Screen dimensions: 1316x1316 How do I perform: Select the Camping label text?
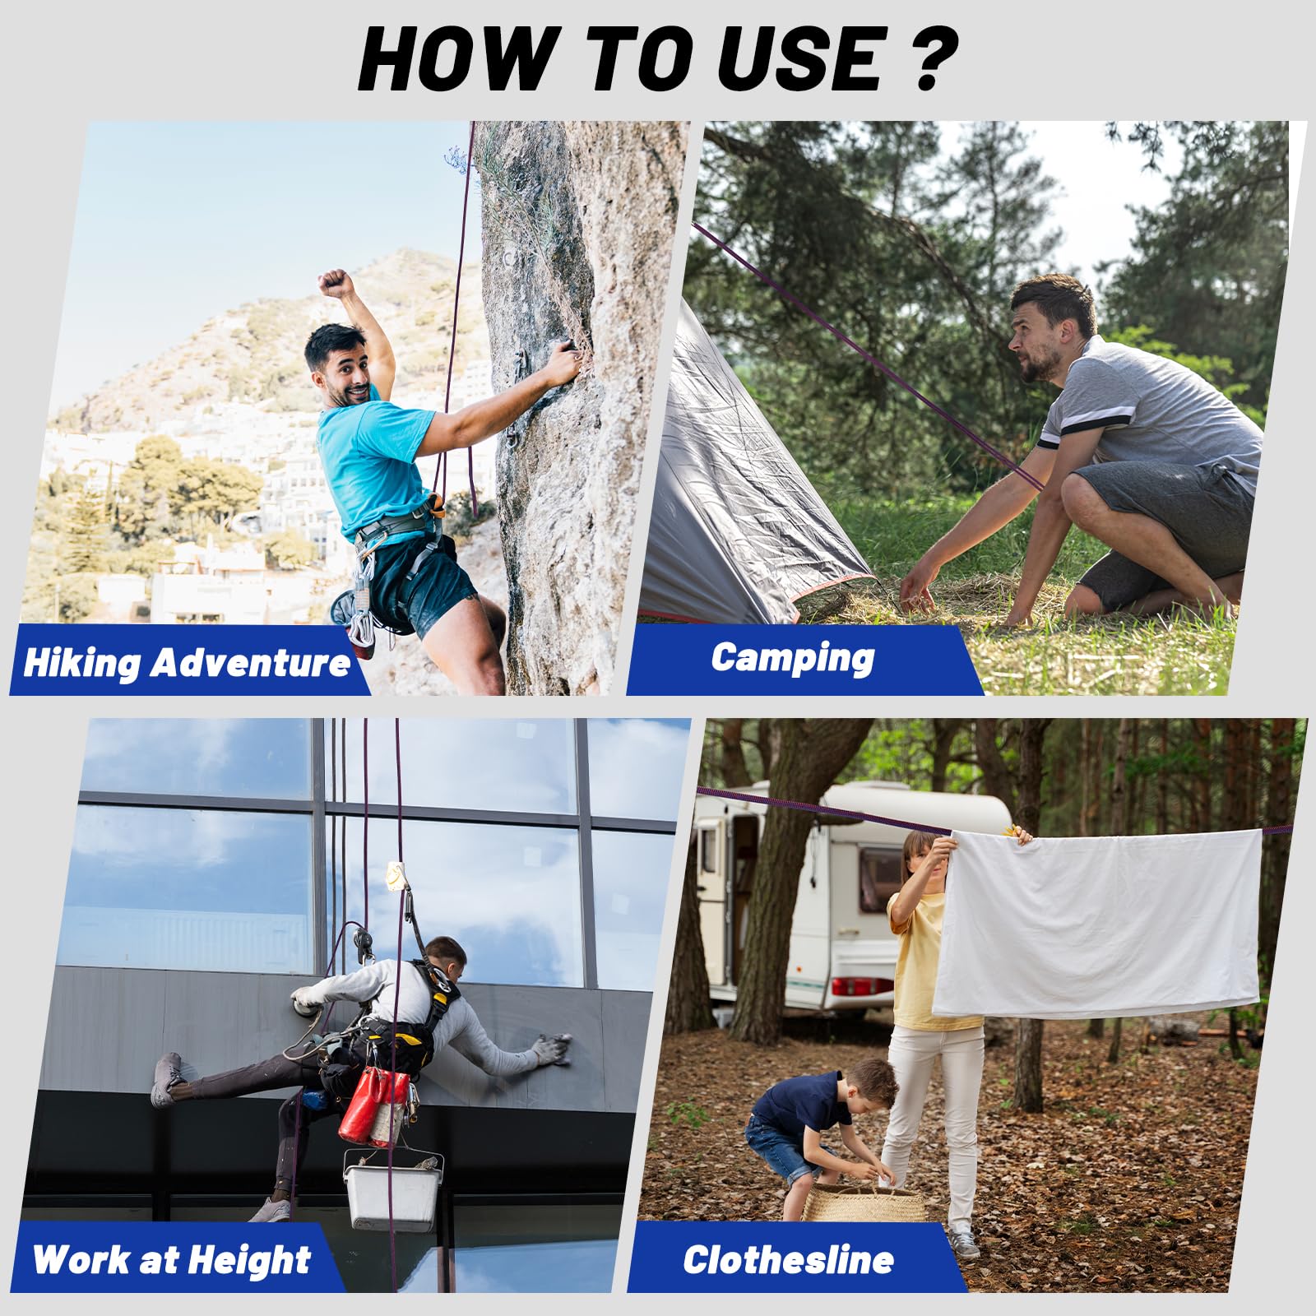click(793, 659)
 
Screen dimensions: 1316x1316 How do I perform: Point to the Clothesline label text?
click(788, 1259)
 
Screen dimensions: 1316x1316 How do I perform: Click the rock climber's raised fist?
click(336, 282)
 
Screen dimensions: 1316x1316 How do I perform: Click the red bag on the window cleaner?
click(375, 1106)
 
